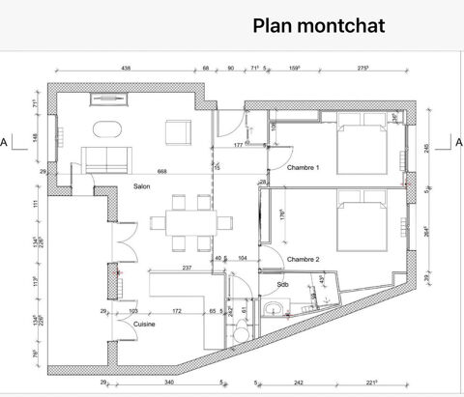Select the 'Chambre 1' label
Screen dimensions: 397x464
tap(303, 168)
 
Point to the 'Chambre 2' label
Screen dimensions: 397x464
tap(303, 259)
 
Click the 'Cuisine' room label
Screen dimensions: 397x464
tap(118, 326)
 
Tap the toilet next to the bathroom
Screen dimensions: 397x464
tap(241, 329)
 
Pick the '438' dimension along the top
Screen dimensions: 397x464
tap(126, 69)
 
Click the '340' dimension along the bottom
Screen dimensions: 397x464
tap(169, 382)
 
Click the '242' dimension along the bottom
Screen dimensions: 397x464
tap(300, 382)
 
